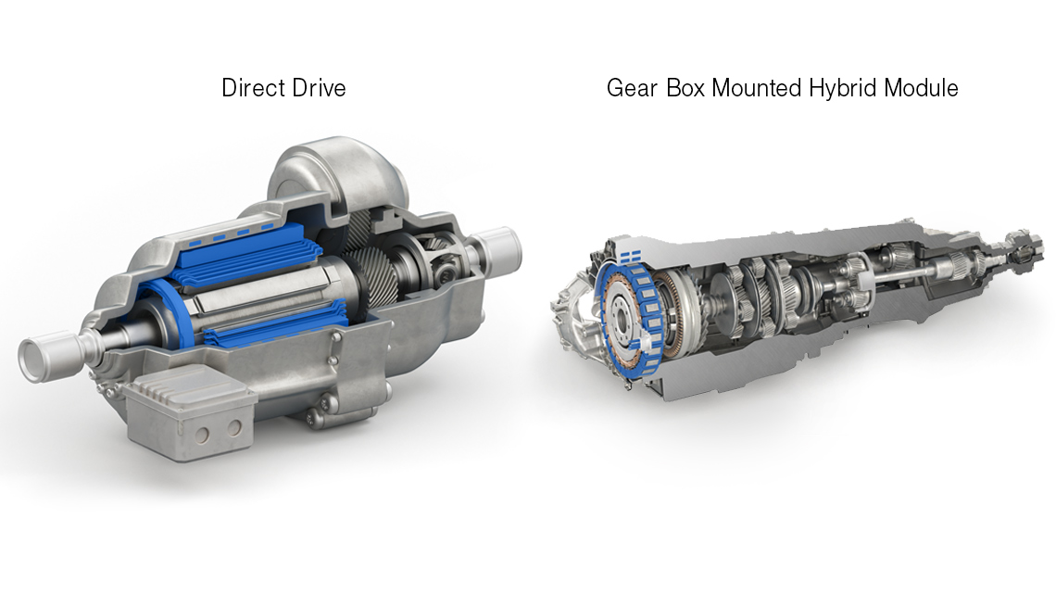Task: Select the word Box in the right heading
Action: [x=685, y=88]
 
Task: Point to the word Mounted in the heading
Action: [x=757, y=88]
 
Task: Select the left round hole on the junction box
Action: [x=201, y=435]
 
